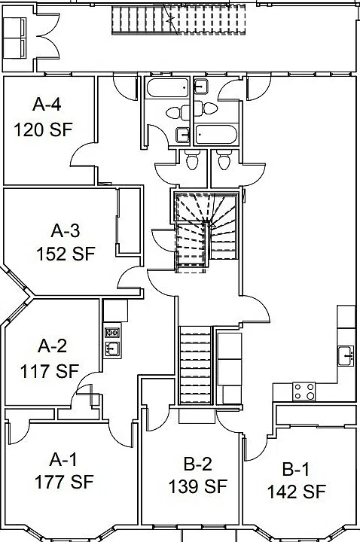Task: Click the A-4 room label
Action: pos(47,104)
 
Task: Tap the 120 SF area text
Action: pos(43,130)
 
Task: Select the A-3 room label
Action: pos(66,230)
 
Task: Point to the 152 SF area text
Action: pos(66,254)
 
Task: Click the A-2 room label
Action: pos(52,346)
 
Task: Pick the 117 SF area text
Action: pos(50,371)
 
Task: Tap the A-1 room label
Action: pos(63,459)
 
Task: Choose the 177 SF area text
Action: pos(64,483)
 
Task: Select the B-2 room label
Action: pos(198,464)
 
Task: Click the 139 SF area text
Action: pos(198,487)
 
